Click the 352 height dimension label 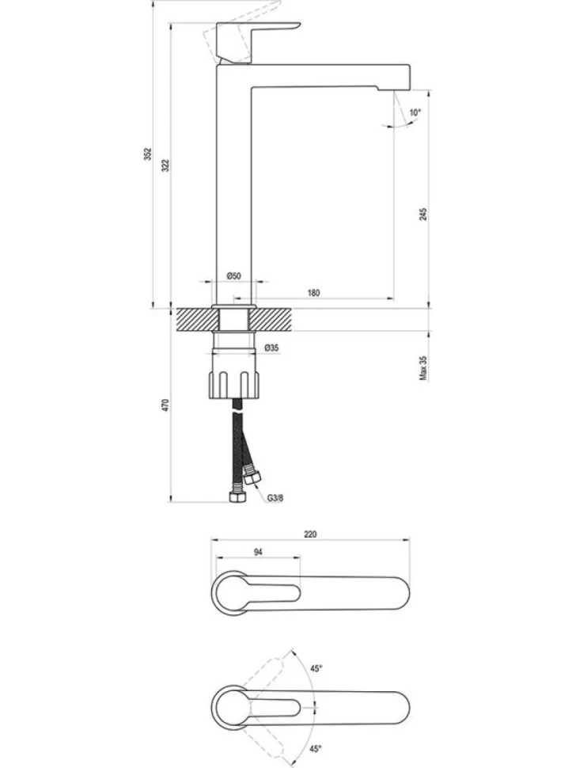149,154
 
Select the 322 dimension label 165,165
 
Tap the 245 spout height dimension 423,214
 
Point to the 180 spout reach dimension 313,293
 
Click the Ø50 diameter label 234,276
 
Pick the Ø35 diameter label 271,348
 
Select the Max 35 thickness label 423,368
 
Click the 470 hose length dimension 165,405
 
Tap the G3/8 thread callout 275,498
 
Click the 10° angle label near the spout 415,112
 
